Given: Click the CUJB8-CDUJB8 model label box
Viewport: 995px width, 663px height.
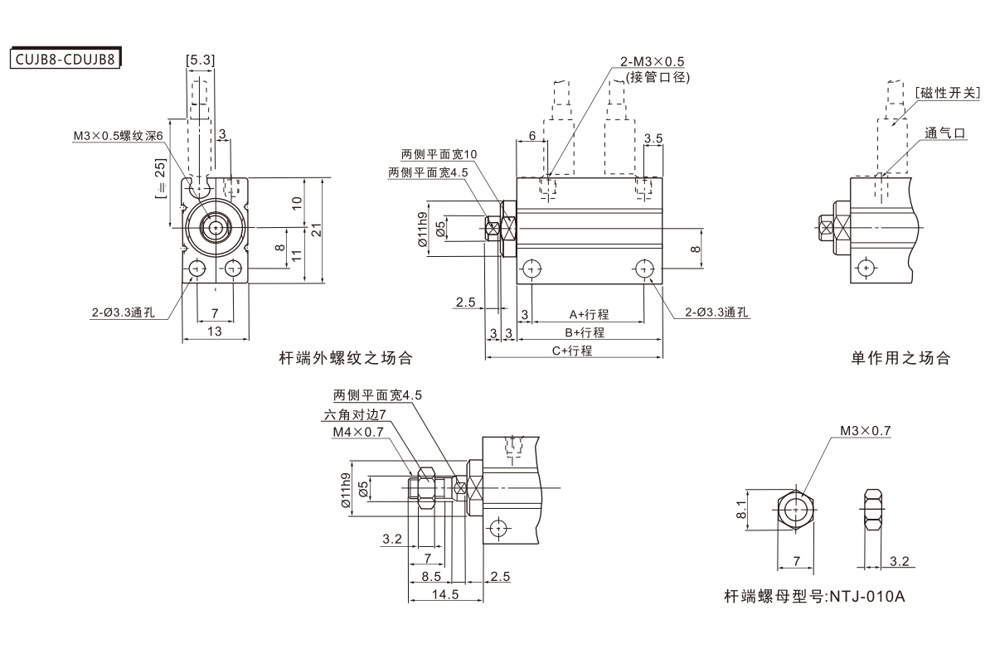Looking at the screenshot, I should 65,59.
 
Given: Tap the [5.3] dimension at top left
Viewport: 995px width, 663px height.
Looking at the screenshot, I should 201,60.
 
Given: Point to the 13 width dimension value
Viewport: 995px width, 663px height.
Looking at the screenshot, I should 215,331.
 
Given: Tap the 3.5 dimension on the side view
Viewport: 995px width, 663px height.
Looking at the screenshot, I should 653,138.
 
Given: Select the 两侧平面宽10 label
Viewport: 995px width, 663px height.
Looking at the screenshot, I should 439,154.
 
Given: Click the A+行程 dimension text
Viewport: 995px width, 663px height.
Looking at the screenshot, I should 589,314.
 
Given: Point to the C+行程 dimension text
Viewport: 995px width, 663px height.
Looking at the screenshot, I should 572,350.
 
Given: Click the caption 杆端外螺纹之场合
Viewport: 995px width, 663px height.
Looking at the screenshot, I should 345,359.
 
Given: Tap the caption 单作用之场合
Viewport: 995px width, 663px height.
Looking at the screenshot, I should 900,359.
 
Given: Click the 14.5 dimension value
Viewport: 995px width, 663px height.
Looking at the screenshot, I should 446,594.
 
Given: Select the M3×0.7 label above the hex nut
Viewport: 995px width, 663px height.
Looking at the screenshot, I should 864,431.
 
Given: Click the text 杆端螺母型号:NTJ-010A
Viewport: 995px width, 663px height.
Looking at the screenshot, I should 813,596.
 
